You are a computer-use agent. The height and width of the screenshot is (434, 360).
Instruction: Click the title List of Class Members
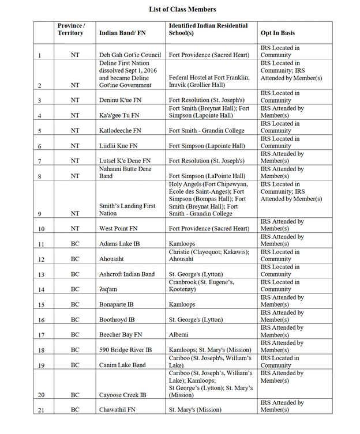click(182, 9)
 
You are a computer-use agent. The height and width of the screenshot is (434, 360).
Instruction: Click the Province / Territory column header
click(71, 29)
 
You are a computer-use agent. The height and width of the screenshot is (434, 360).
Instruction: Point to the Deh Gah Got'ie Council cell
click(130, 55)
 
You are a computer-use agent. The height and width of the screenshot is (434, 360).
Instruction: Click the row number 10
click(39, 229)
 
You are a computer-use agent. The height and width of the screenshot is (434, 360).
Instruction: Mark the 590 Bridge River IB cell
click(125, 350)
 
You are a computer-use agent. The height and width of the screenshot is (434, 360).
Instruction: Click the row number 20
click(39, 395)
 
